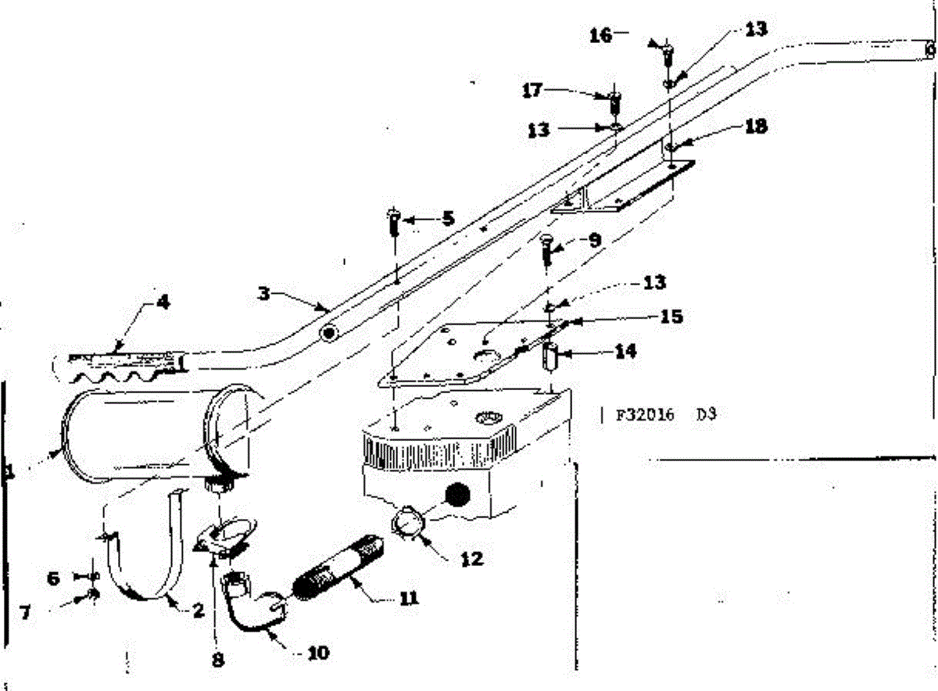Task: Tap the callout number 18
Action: [x=756, y=126]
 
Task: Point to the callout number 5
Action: [x=447, y=218]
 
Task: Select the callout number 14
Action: [x=625, y=352]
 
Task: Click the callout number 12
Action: [x=471, y=559]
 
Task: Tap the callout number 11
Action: [x=409, y=599]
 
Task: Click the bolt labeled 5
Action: [x=394, y=223]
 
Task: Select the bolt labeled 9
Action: [x=547, y=249]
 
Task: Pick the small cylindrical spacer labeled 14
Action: [x=550, y=358]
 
